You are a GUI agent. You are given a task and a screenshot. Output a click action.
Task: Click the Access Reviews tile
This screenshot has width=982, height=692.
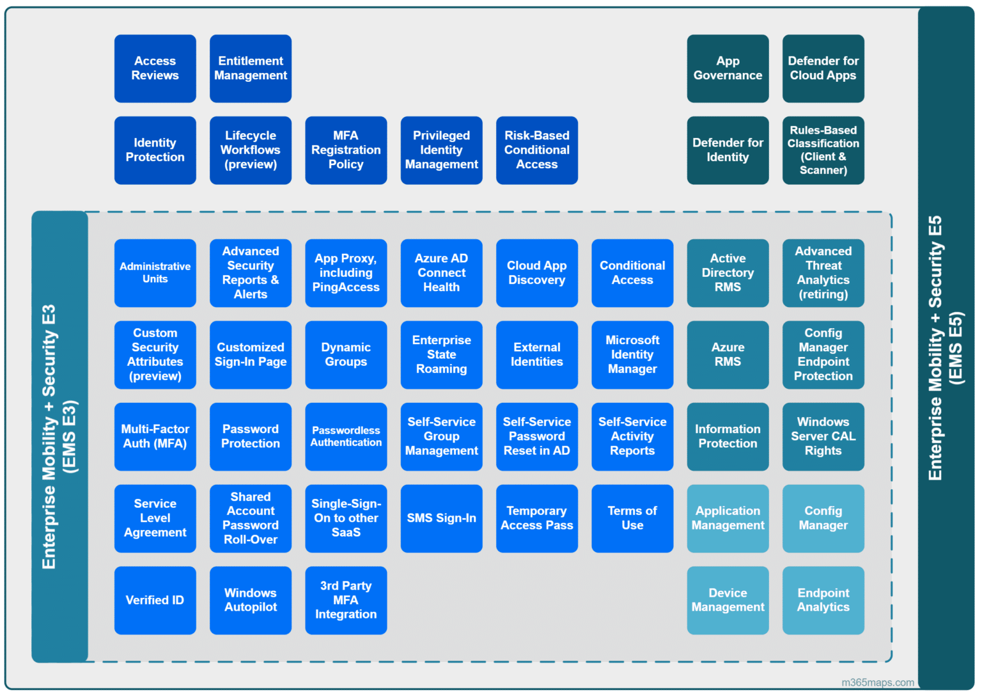[x=155, y=68]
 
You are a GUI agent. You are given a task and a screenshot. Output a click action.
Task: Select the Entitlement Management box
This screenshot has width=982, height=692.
[x=251, y=68]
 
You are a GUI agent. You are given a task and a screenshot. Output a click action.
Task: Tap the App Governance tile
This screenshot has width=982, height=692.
[x=728, y=68]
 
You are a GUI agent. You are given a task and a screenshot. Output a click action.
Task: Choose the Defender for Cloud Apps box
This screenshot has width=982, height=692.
[x=823, y=68]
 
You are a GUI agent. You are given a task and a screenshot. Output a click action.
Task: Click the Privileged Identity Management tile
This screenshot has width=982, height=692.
[x=441, y=150]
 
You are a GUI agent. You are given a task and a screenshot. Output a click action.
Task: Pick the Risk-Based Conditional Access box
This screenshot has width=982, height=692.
[x=536, y=150]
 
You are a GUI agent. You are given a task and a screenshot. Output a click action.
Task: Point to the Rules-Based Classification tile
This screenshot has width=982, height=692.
[x=823, y=150]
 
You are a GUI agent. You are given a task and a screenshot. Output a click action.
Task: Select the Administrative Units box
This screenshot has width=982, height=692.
[x=155, y=273]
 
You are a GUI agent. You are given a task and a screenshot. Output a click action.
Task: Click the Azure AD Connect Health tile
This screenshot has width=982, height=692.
[x=441, y=273]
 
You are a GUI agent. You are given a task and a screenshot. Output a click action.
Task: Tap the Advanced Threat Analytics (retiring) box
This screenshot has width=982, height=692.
[x=823, y=273]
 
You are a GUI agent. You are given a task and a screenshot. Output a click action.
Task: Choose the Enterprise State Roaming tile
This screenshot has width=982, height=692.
[x=441, y=355]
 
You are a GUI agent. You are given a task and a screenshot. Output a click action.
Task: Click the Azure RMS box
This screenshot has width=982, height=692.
[x=728, y=355]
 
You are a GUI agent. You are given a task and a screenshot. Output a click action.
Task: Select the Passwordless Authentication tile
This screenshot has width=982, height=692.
[x=346, y=437]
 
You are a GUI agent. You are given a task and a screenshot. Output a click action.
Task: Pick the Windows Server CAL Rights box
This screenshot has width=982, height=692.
[x=823, y=437]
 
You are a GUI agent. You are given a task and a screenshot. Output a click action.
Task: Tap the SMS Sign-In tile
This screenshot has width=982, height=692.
[x=441, y=519]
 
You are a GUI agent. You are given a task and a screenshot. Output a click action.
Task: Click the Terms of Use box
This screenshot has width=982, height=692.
[x=632, y=519]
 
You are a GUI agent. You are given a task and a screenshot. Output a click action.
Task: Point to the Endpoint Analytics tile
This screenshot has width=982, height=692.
[x=823, y=601]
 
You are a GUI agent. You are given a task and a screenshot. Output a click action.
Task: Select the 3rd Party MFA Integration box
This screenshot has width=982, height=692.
[x=346, y=601]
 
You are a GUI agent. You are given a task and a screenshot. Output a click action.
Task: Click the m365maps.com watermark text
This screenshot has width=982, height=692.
[x=877, y=682]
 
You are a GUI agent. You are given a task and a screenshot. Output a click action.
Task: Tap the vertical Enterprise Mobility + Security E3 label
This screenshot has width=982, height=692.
[x=59, y=437]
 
